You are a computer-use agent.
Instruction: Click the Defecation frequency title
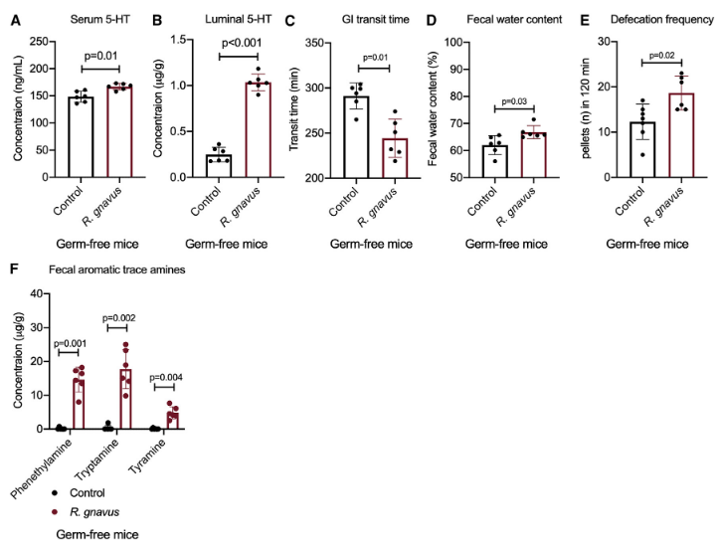tap(652, 19)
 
